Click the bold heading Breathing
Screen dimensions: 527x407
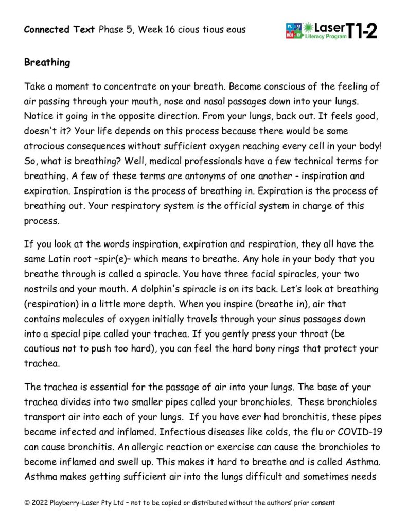[x=47, y=63]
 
